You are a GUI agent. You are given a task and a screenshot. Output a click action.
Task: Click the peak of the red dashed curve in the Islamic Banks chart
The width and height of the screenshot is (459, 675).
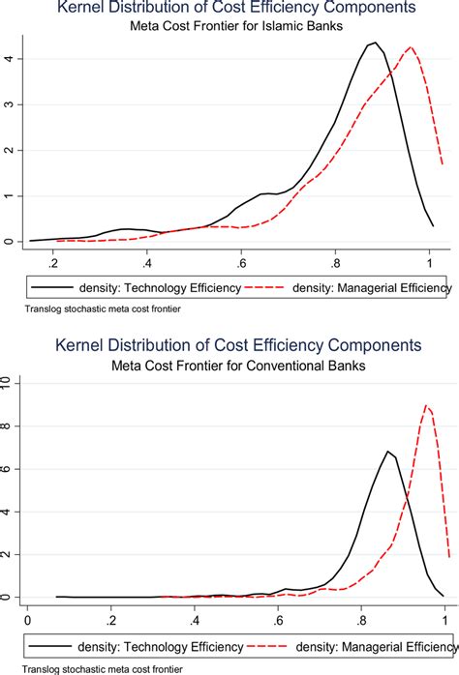click(x=412, y=47)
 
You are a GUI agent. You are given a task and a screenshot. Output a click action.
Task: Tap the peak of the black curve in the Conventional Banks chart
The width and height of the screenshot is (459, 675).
click(x=387, y=452)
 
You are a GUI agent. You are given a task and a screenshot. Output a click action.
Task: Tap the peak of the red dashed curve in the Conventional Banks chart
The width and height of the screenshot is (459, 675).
click(x=427, y=406)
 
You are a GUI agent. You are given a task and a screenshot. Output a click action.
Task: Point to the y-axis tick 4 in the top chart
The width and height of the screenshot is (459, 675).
click(x=9, y=59)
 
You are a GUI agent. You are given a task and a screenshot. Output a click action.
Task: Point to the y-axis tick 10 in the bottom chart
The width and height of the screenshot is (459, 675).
click(x=9, y=385)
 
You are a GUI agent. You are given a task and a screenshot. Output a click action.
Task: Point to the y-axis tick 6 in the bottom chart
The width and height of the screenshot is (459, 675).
click(x=9, y=469)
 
